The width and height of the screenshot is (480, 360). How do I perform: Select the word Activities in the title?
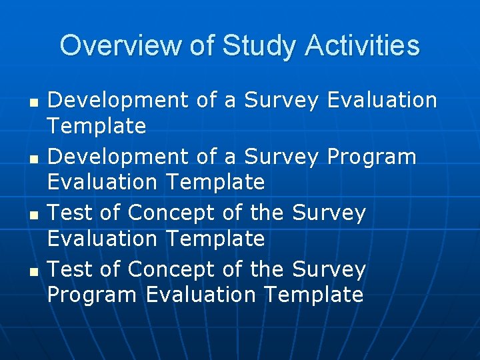click(x=363, y=46)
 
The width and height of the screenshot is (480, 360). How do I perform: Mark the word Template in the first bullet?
click(x=97, y=126)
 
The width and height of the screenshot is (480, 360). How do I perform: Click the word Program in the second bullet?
click(x=371, y=158)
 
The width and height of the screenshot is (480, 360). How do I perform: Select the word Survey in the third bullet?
click(x=329, y=214)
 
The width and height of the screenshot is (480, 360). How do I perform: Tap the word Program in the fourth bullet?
click(x=92, y=295)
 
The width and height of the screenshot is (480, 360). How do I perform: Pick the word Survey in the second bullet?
click(x=282, y=158)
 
